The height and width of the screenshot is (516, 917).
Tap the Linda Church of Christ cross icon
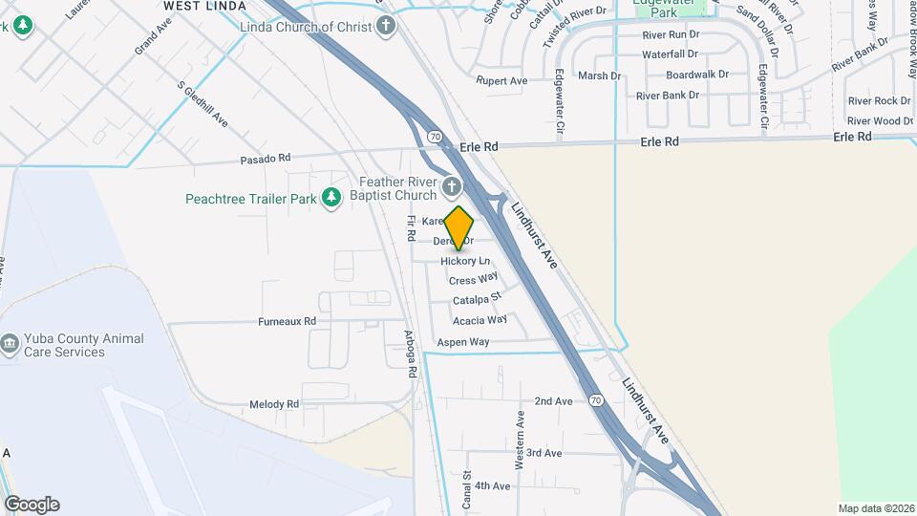[386, 27]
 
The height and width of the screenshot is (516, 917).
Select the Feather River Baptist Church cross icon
[452, 185]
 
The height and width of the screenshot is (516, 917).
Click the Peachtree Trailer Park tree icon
[331, 198]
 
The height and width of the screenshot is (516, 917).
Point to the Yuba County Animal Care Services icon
[10, 343]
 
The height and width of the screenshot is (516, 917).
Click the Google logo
[32, 504]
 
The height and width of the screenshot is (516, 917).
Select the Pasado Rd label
[265, 159]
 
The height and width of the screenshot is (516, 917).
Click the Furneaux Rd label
[287, 322]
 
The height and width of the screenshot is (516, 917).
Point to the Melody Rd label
[273, 405]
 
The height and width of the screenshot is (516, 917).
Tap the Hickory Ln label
[465, 261]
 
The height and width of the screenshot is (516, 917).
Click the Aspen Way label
[462, 341]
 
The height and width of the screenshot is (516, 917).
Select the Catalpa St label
[477, 300]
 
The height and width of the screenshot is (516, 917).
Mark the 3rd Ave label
[544, 453]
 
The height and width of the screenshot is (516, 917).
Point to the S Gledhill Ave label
[203, 102]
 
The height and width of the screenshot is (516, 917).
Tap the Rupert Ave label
[501, 81]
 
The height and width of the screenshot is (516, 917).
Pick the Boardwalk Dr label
[697, 75]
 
